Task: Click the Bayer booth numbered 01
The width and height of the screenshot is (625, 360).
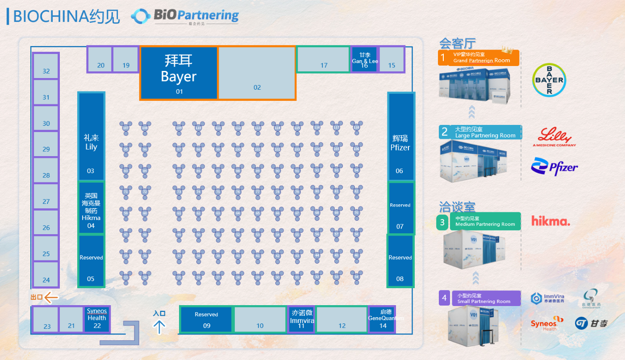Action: click(179, 73)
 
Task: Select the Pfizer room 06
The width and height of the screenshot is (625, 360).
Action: click(400, 136)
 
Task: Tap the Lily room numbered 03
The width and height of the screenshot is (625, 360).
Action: click(91, 136)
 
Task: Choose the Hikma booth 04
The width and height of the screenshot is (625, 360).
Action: click(91, 207)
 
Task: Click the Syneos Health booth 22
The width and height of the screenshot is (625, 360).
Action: click(97, 319)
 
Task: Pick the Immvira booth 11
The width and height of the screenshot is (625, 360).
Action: click(302, 319)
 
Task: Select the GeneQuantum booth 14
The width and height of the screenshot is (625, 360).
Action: click(382, 319)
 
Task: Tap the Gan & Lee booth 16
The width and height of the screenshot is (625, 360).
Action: click(364, 59)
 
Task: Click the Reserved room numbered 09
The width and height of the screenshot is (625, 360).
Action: click(206, 319)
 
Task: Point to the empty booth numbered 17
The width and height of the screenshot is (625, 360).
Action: click(323, 59)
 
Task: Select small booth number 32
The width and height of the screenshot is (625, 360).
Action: click(46, 66)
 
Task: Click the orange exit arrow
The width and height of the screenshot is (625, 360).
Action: click(51, 297)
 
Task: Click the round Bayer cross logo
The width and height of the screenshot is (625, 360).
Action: click(549, 80)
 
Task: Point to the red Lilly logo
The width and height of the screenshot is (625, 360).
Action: click(554, 137)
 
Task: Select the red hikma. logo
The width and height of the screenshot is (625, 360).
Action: click(551, 221)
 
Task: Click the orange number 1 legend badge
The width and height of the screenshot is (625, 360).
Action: click(443, 58)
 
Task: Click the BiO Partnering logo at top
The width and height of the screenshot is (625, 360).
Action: click(185, 16)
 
